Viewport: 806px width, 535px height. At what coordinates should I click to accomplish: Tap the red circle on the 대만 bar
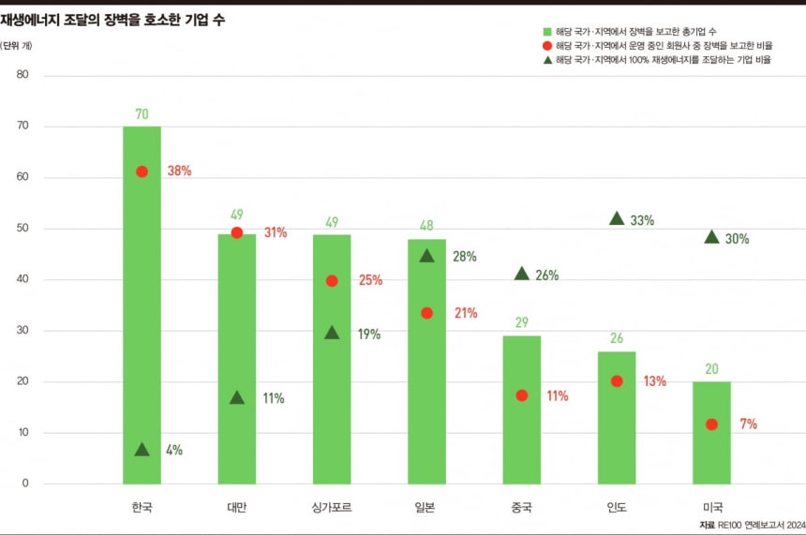click(x=237, y=232)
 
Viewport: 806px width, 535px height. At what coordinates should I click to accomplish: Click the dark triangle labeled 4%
click(x=142, y=450)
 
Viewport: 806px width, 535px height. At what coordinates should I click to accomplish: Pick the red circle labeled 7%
click(x=711, y=424)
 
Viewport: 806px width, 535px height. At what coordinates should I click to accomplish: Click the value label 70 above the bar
click(x=142, y=114)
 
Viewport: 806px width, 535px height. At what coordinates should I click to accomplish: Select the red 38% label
click(x=179, y=171)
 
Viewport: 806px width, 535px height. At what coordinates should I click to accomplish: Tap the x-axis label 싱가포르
click(x=332, y=508)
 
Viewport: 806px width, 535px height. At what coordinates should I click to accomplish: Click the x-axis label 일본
click(x=426, y=508)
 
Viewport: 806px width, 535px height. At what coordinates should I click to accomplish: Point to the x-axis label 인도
click(x=617, y=508)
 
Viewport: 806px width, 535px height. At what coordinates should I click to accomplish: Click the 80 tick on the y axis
click(x=22, y=75)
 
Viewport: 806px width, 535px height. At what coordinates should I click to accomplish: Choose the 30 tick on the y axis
click(x=22, y=331)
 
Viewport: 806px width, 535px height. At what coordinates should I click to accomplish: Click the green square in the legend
click(x=546, y=31)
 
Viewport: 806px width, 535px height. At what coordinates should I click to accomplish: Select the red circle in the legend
click(x=546, y=45)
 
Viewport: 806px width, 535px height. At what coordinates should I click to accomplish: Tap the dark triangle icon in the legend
click(x=546, y=59)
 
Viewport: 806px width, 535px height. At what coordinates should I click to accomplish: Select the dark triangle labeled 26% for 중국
click(x=522, y=274)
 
